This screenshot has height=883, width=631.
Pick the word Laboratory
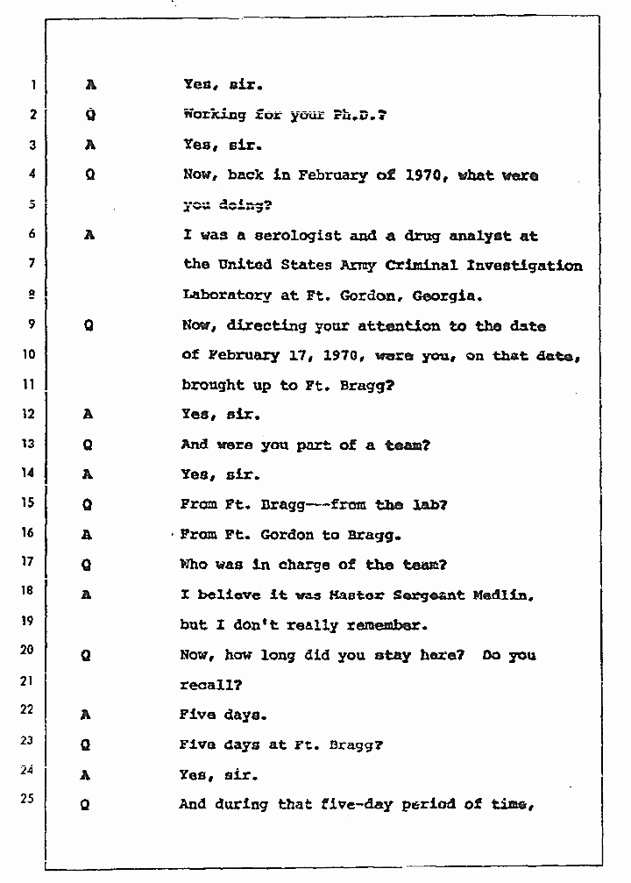point(226,296)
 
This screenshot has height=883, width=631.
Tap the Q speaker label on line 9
point(89,325)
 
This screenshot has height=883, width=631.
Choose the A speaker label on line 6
point(89,236)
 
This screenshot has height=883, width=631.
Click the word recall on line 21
point(209,685)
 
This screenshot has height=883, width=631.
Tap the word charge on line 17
point(310,565)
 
